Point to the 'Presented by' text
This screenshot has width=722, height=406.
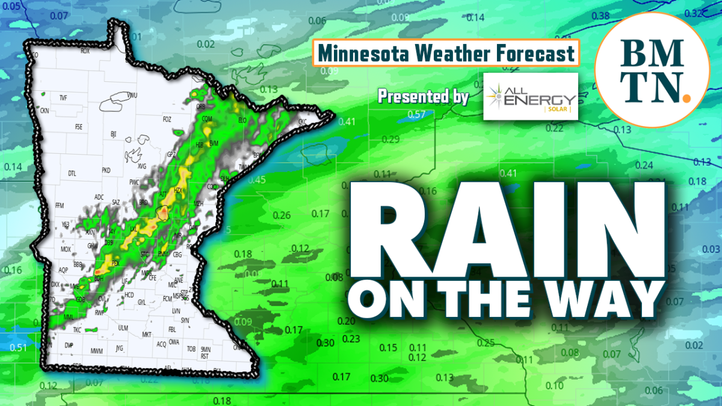(423, 96)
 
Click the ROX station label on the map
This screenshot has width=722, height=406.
(85, 52)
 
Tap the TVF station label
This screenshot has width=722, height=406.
(63, 97)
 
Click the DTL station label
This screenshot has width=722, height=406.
(72, 174)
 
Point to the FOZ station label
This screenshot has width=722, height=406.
(167, 119)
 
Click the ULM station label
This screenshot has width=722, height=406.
(123, 328)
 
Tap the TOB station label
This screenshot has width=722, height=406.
(191, 349)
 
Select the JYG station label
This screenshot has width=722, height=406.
(119, 348)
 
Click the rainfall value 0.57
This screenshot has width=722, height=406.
(416, 114)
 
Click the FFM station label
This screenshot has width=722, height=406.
(60, 206)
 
